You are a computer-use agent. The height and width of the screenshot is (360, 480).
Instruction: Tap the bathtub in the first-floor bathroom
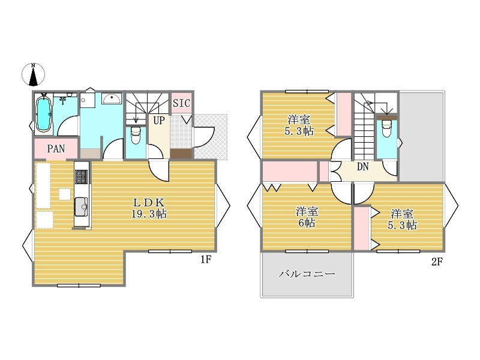(44, 113)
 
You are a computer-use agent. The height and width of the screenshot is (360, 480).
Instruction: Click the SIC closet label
(181, 103)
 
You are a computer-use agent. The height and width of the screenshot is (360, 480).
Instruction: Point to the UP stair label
(158, 121)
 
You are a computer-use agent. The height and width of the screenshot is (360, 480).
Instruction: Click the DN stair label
(362, 167)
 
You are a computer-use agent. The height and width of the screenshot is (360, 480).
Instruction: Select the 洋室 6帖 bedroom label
(306, 217)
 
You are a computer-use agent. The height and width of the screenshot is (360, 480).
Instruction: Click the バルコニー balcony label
(306, 274)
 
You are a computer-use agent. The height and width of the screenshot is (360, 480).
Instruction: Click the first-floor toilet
(136, 136)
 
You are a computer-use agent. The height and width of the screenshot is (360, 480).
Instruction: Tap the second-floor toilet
(386, 128)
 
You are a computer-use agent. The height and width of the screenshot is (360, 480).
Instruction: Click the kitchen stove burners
(81, 176)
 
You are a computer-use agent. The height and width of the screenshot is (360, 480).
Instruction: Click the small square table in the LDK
(64, 194)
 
